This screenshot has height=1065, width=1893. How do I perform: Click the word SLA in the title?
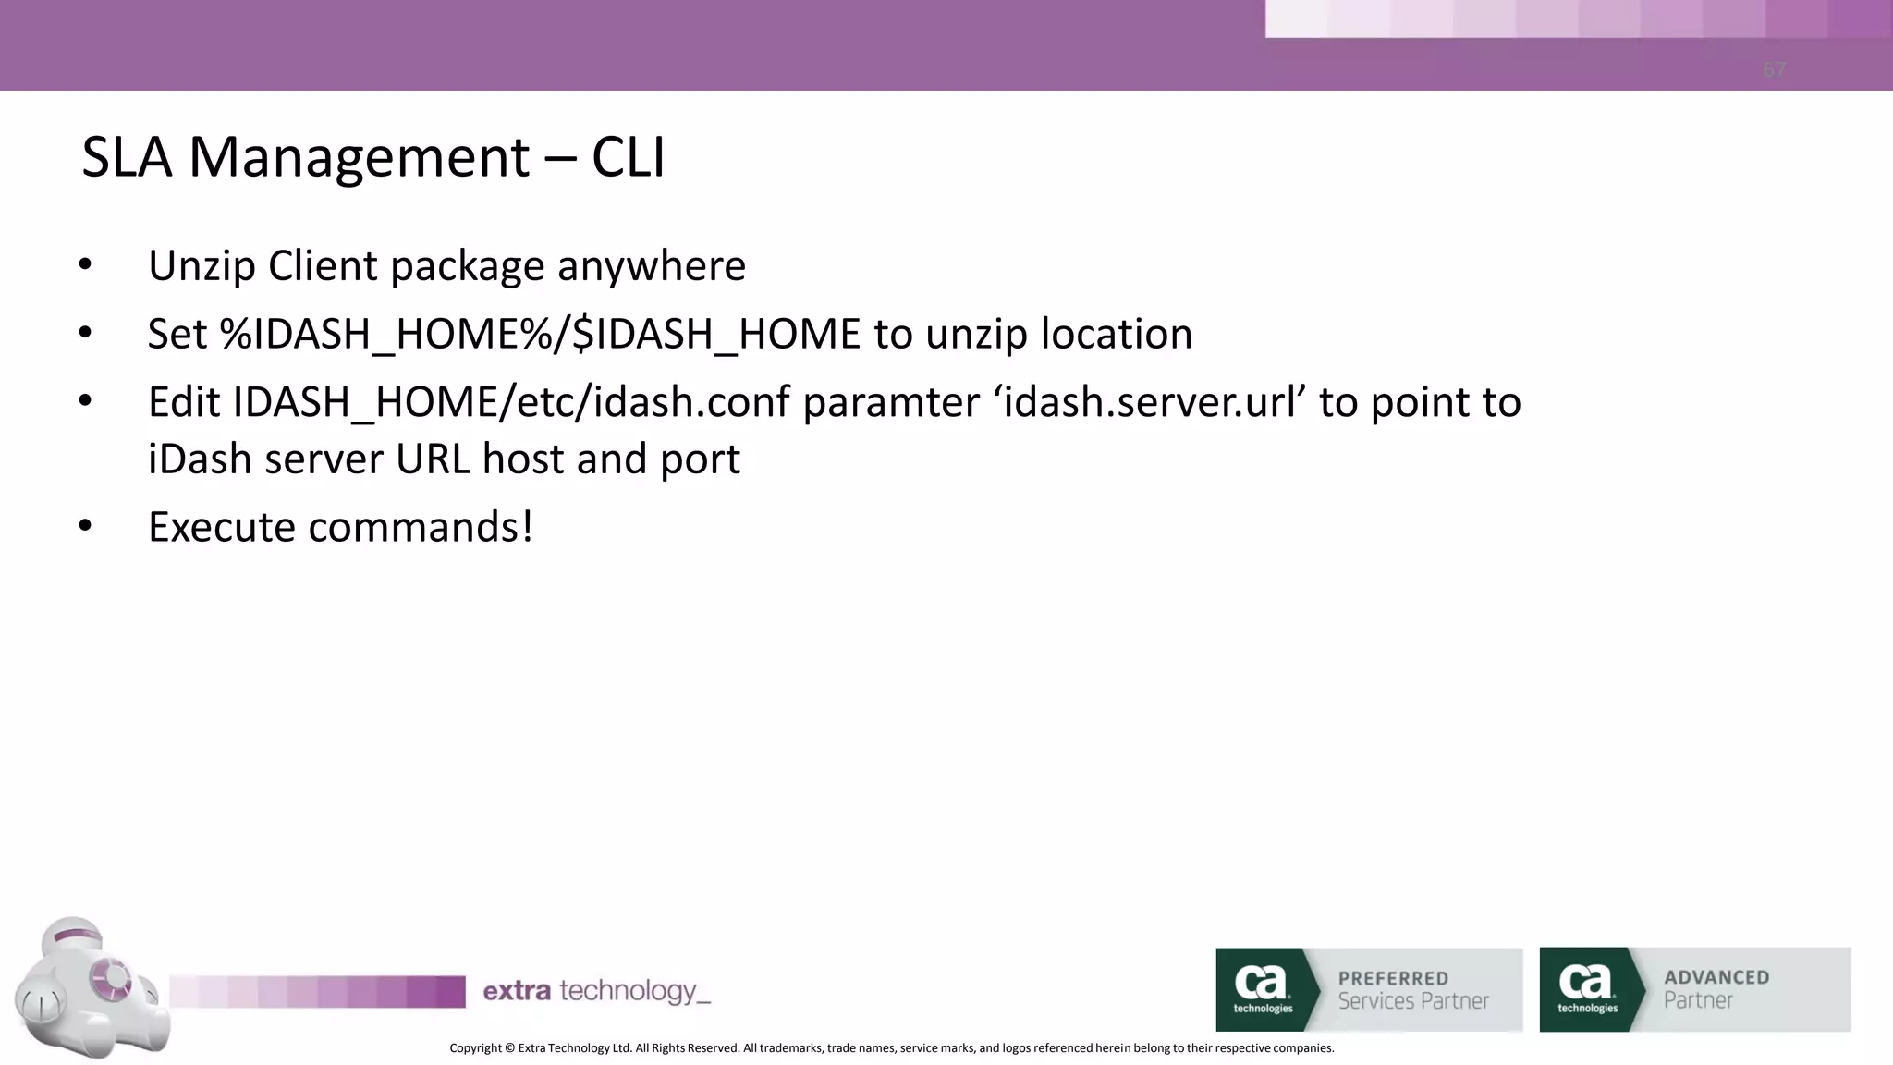127,157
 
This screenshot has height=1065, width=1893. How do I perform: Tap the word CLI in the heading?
628,157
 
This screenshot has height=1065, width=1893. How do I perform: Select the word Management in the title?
359,157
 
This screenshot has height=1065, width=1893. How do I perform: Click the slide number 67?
1774,70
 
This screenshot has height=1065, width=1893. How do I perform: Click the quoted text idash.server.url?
1149,402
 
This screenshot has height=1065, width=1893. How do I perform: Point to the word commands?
421,527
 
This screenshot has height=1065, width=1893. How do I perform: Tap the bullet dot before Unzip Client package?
85,265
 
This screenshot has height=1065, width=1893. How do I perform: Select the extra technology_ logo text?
596,991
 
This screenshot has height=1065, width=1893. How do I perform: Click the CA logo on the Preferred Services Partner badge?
1262,986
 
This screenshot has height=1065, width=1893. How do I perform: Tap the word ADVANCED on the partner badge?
1716,977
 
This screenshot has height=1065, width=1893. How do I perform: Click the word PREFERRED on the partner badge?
1393,978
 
